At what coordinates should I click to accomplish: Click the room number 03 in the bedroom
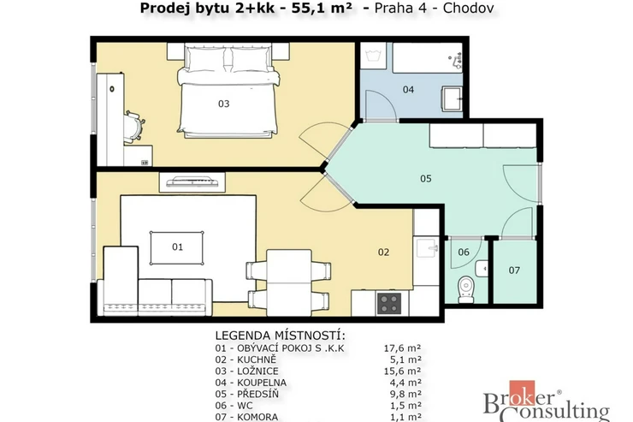tap(223, 104)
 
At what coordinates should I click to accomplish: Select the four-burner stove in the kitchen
tap(389, 303)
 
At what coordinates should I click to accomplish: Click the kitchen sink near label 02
tap(426, 247)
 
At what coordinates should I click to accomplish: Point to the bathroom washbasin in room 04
tap(452, 98)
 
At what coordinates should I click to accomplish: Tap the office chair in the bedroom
tap(134, 127)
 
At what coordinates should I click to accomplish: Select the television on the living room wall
tap(192, 181)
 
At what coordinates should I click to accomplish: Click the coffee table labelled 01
tap(177, 248)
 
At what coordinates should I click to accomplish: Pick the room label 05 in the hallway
tap(426, 179)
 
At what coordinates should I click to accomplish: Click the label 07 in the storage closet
tap(514, 270)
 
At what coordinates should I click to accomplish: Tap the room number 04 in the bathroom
tap(409, 90)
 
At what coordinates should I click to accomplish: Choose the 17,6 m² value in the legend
tap(403, 348)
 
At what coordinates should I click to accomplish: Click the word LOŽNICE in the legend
tap(257, 371)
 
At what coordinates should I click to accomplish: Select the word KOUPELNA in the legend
tap(262, 383)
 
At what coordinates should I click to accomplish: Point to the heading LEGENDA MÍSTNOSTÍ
tap(281, 336)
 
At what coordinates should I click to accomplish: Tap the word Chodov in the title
tap(468, 8)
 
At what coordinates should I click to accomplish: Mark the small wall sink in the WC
tap(482, 269)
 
